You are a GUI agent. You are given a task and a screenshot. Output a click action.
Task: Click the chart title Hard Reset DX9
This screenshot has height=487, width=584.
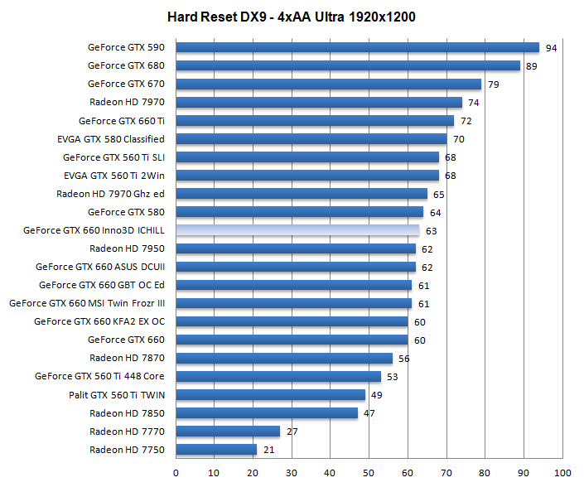tap(291, 17)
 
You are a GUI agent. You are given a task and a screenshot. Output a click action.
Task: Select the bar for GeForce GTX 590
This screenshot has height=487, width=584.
tap(357, 48)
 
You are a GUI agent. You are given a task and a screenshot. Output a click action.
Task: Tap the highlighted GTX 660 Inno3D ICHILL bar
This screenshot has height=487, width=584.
tap(297, 230)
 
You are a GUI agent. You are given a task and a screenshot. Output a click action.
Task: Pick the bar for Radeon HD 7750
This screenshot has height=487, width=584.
tap(216, 450)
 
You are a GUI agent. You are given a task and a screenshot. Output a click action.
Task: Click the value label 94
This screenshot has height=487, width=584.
tap(551, 48)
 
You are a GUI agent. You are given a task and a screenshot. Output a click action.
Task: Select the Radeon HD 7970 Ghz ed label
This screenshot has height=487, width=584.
tap(110, 194)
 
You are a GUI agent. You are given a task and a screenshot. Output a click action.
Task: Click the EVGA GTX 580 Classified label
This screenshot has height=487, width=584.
tap(111, 139)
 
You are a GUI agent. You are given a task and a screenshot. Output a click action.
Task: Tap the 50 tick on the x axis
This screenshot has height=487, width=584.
tap(369, 474)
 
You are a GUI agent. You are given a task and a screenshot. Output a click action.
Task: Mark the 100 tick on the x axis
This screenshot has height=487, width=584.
tap(562, 474)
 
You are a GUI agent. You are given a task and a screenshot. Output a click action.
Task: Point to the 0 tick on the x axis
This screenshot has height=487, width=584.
tap(176, 474)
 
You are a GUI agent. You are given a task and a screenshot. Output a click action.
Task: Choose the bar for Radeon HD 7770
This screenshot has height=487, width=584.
tap(228, 432)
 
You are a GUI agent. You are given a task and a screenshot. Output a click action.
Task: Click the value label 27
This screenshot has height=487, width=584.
tap(292, 432)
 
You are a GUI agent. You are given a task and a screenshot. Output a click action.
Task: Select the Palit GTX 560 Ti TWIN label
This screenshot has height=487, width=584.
tap(117, 394)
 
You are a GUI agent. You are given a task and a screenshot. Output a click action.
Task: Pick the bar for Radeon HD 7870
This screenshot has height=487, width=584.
tap(284, 358)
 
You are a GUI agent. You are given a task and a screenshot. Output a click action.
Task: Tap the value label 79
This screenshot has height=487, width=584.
tap(493, 84)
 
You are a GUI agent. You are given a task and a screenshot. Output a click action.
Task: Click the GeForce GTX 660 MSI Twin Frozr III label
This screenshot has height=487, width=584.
tap(87, 303)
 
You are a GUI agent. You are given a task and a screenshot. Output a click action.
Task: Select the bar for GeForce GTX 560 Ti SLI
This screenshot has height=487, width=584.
tap(307, 157)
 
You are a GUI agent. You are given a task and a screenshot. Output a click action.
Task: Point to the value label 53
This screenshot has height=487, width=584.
tap(393, 376)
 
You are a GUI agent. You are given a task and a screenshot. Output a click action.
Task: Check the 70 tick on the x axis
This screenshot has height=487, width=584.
tap(446, 474)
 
